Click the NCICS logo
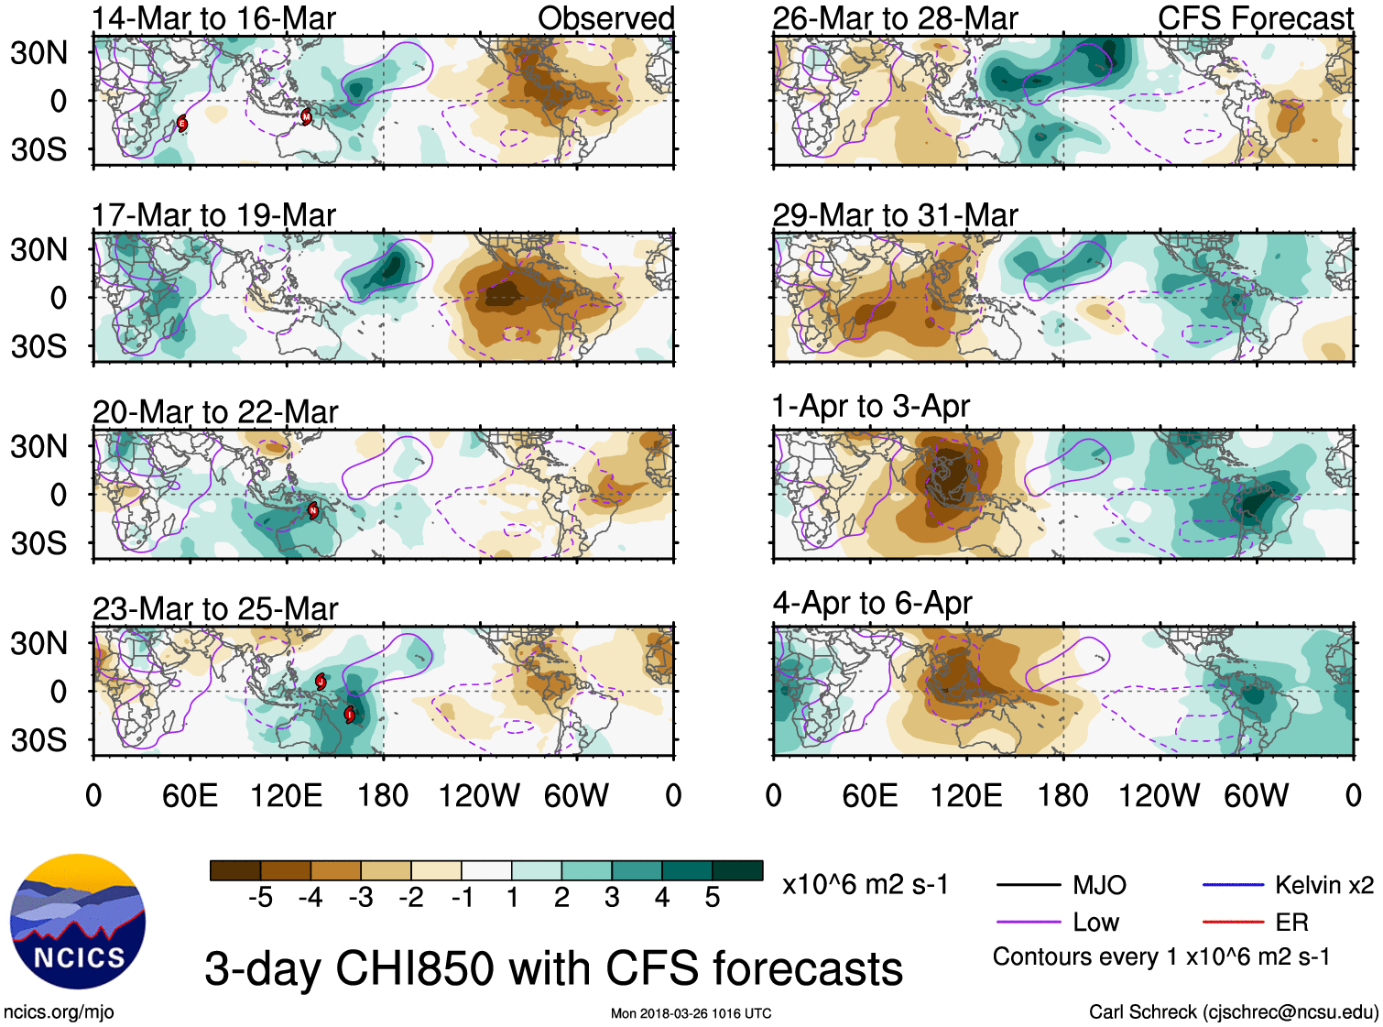tap(78, 921)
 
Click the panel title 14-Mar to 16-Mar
tap(213, 18)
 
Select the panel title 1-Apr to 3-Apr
tap(870, 406)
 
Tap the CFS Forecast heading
tap(1255, 18)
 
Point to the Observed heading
tap(605, 18)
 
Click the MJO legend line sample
tap(1028, 885)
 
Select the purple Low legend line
tap(1028, 923)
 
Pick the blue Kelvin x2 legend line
tap(1233, 885)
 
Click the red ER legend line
tap(1233, 923)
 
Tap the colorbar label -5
tap(260, 898)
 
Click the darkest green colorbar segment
tap(737, 870)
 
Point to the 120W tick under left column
tap(479, 795)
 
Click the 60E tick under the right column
tap(869, 795)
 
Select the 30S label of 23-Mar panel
tap(38, 740)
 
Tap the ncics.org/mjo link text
tap(59, 1012)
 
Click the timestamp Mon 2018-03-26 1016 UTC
tap(691, 1013)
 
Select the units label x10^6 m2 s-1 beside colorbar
tap(865, 885)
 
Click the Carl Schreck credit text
tap(1233, 1012)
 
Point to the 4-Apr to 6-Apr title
tap(872, 603)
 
